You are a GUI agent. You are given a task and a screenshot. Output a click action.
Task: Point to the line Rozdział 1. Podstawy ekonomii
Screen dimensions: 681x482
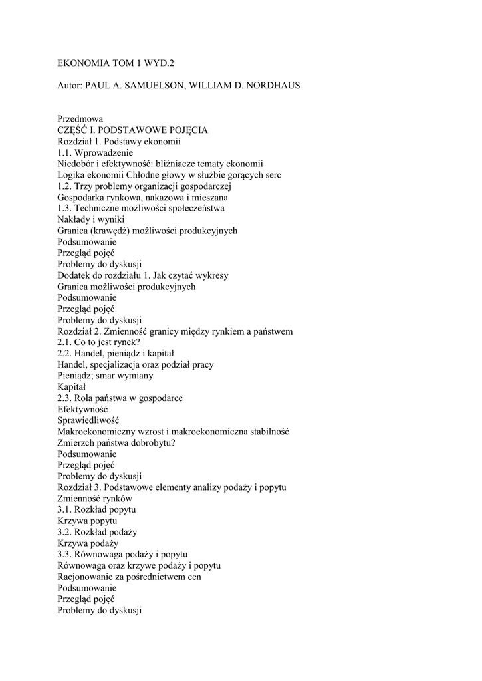119,142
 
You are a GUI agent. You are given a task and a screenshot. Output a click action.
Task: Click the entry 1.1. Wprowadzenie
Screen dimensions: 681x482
95,153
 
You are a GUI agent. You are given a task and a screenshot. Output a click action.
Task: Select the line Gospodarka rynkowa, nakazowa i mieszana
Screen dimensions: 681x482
142,198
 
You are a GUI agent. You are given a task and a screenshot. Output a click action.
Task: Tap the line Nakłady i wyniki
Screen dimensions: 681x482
90,219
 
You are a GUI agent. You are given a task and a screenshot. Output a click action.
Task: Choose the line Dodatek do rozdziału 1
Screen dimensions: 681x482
143,275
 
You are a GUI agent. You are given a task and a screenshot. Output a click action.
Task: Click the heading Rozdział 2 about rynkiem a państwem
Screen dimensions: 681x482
175,331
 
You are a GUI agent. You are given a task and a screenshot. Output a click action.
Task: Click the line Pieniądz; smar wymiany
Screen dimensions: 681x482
105,376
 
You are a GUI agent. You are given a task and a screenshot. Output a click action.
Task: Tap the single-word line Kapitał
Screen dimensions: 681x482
71,387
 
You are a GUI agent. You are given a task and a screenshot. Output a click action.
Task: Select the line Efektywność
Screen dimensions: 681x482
82,410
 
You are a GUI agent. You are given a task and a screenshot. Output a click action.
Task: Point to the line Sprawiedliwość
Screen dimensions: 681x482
88,420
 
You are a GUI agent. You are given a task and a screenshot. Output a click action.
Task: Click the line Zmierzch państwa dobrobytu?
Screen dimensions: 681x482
116,443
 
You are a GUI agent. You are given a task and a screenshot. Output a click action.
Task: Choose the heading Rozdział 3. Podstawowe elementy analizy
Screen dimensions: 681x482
172,487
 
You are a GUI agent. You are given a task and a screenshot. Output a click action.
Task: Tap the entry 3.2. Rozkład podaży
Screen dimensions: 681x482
97,532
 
